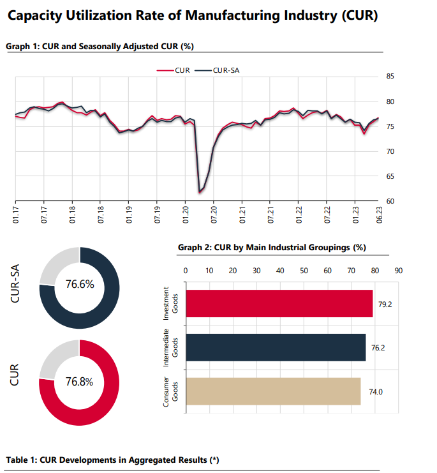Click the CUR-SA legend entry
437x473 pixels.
click(217, 70)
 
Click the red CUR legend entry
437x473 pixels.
click(174, 70)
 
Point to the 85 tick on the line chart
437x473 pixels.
click(390, 77)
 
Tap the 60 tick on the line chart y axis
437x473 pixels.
click(390, 201)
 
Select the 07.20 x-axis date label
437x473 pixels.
click(214, 214)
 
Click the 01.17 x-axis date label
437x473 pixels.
click(16, 214)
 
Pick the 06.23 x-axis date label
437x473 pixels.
click(379, 214)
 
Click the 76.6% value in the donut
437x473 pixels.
click(80, 284)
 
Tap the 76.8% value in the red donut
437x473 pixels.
click(80, 382)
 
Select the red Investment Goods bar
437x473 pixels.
click(279, 303)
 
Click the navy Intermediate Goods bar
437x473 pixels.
click(276, 347)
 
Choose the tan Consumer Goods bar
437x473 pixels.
click(273, 391)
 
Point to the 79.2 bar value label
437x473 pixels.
click(385, 304)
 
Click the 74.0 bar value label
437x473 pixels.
click(376, 392)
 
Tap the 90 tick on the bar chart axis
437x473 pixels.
click(399, 271)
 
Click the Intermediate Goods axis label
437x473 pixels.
click(170, 347)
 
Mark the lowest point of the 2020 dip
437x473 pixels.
click(199, 192)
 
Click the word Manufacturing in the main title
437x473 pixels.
click(232, 16)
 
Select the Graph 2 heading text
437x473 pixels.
click(272, 248)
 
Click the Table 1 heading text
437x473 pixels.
click(112, 460)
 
